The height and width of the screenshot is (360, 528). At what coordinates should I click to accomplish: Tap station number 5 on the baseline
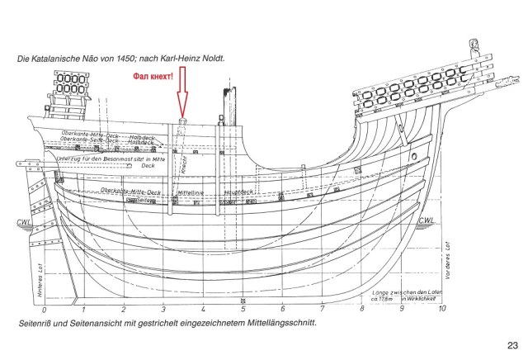click(x=243, y=309)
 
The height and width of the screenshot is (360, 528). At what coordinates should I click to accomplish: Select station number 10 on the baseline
click(x=442, y=309)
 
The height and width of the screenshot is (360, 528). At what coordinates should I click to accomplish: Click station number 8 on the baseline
click(x=362, y=309)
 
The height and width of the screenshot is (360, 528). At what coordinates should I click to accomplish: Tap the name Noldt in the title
click(x=210, y=59)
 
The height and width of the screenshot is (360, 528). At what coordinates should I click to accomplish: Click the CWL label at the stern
click(x=24, y=221)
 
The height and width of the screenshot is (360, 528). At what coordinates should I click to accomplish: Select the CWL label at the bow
click(x=427, y=220)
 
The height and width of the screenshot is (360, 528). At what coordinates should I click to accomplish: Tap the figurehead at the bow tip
click(x=474, y=46)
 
